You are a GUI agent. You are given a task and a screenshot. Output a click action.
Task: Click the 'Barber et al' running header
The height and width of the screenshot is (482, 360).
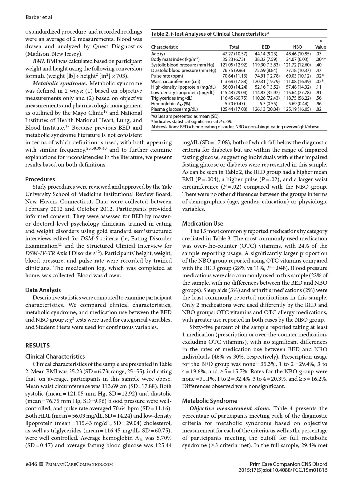point(38,17)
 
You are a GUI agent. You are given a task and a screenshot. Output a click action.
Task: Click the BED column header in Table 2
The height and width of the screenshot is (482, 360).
point(266,47)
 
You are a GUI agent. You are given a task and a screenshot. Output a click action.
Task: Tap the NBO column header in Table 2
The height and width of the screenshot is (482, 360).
point(297,47)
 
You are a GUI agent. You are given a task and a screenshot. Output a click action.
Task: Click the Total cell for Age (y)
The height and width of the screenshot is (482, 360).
point(234,54)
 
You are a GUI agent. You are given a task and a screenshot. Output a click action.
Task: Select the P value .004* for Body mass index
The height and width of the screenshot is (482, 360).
point(321,59)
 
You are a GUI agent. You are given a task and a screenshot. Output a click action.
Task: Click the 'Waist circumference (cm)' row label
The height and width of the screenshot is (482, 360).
point(175,82)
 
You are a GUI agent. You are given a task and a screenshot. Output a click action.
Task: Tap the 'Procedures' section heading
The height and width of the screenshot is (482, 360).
point(40,179)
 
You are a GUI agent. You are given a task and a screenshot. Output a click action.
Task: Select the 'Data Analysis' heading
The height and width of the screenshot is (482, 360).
point(43,290)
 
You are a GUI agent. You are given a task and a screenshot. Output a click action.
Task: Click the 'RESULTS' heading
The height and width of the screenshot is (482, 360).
point(37,345)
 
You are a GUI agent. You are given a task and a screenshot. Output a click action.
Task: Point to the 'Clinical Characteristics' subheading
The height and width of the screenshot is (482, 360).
point(55,356)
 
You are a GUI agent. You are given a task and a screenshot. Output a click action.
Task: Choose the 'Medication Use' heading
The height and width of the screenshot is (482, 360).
point(202,223)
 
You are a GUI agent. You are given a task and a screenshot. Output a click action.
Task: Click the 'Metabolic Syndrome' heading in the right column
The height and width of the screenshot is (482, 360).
point(210,401)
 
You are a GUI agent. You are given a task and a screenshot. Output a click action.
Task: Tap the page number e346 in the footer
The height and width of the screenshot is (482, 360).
point(31,464)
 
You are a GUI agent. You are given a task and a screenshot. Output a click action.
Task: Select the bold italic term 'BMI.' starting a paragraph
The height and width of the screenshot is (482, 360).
point(39,61)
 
